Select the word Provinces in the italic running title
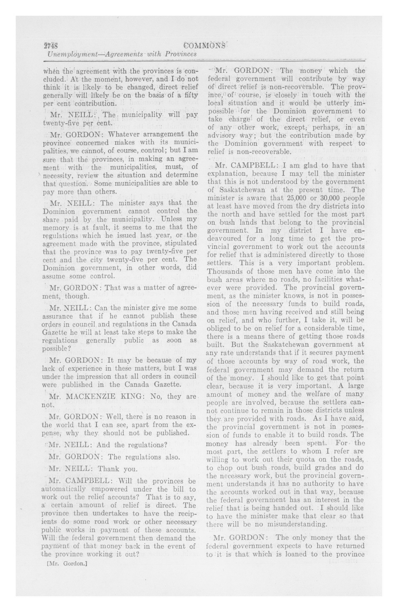(180, 55)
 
